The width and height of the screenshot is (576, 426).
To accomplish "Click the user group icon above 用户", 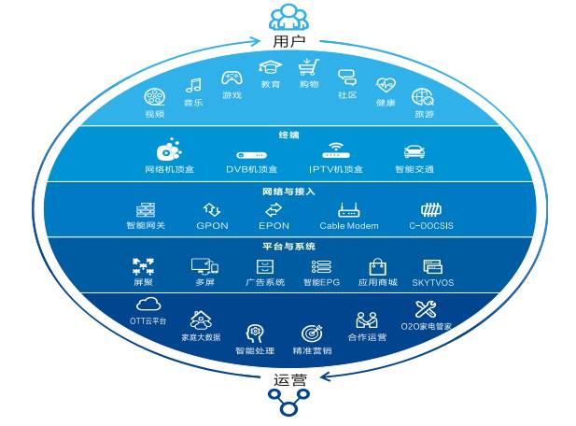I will click(288, 17).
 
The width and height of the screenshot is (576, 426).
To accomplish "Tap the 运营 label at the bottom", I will click(288, 379).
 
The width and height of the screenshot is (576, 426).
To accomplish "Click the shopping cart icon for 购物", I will click(308, 67).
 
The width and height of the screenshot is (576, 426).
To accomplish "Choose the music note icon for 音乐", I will click(193, 86).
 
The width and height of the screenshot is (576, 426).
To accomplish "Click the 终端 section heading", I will click(288, 135).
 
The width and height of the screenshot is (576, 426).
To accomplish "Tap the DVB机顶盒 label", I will click(252, 169).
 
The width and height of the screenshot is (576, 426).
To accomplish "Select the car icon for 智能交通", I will click(414, 151).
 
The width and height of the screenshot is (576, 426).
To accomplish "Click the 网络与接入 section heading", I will click(288, 191).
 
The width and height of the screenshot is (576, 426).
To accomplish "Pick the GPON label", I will click(213, 225).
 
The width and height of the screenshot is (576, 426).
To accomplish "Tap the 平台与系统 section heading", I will click(288, 247).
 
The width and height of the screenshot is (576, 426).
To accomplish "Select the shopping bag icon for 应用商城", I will click(378, 267).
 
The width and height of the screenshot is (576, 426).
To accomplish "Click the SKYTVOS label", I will click(431, 281).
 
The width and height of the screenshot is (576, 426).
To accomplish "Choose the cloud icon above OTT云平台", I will click(148, 304).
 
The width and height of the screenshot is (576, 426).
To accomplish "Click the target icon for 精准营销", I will click(312, 334).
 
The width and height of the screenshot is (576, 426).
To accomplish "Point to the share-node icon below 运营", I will click(288, 404).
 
